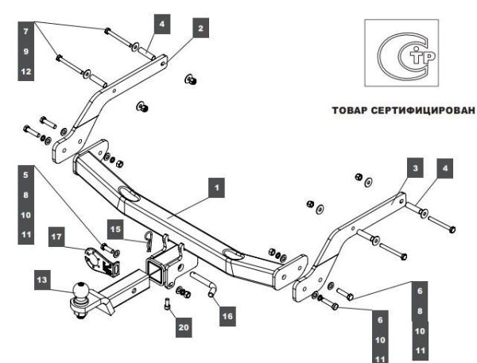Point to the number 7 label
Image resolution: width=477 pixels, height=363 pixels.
coord(25,32)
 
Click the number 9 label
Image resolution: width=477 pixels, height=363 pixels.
coord(25,52)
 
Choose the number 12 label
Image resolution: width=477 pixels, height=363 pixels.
coord(25,71)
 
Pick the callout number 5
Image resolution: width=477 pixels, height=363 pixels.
coord(25,174)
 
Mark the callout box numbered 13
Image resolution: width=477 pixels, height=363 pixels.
coord(41,279)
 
